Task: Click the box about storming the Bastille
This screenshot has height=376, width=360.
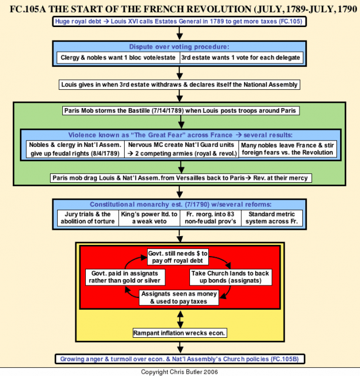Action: [181, 110]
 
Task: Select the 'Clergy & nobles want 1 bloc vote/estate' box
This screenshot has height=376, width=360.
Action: [118, 58]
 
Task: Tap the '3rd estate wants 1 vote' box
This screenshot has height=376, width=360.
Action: [241, 58]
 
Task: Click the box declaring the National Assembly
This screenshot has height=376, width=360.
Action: [179, 85]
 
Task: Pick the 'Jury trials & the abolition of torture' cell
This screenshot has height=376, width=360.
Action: [88, 218]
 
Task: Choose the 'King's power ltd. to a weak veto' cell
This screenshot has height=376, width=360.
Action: [149, 218]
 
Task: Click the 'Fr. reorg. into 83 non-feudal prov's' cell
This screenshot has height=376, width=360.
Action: [211, 218]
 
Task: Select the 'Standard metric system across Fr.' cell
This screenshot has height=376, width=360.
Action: [272, 218]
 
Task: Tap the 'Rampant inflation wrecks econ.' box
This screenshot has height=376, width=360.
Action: [180, 333]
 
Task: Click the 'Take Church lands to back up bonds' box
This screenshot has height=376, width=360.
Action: [231, 277]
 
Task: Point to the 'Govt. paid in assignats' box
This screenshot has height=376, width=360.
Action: [125, 277]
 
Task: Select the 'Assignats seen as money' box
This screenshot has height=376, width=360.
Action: [179, 298]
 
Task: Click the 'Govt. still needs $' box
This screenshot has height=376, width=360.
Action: [178, 257]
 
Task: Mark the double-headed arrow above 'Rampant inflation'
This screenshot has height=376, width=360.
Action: [180, 320]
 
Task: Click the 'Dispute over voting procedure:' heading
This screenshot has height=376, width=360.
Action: [179, 47]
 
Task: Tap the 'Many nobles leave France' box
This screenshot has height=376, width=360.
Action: [288, 149]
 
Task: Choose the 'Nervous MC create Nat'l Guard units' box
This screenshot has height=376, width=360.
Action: [182, 149]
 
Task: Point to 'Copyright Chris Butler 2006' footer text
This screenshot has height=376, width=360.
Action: [179, 372]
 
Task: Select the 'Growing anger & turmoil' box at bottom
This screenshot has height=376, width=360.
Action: [179, 359]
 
